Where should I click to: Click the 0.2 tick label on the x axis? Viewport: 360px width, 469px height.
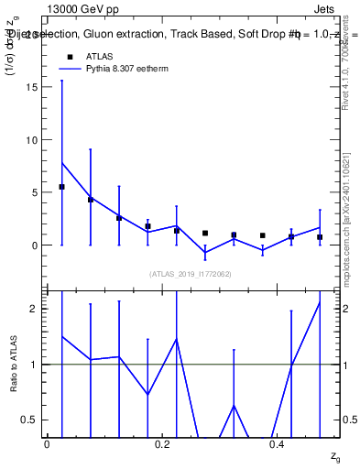click(163, 444)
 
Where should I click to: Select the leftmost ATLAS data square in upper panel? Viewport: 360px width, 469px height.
click(61, 187)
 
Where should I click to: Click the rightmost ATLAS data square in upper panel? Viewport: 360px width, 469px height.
click(320, 237)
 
